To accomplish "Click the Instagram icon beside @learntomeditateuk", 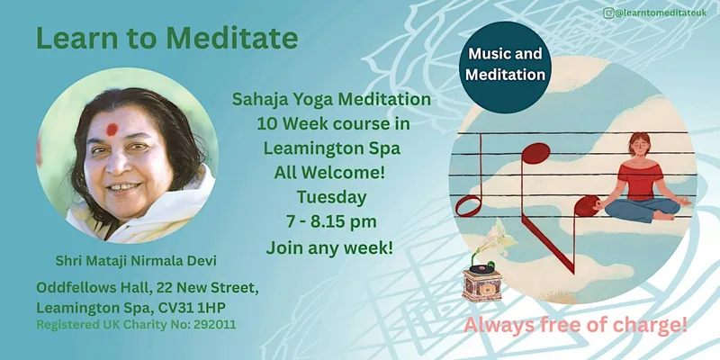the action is pyautogui.click(x=609, y=13).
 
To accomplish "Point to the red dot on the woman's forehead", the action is pyautogui.click(x=112, y=130).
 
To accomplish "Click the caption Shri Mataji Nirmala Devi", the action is pyautogui.click(x=136, y=261).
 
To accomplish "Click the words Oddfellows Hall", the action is pyautogui.click(x=94, y=288).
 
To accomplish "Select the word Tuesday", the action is pyautogui.click(x=331, y=197).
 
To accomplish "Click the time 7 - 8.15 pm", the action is pyautogui.click(x=331, y=221).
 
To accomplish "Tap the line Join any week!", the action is pyautogui.click(x=329, y=248).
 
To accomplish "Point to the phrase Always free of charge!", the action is pyautogui.click(x=575, y=326).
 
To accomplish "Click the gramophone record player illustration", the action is pyautogui.click(x=482, y=279).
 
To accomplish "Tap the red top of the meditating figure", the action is pyautogui.click(x=641, y=181).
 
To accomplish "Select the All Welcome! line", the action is pyautogui.click(x=329, y=173).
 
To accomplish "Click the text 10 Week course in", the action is pyautogui.click(x=333, y=124).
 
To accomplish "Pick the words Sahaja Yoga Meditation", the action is pyautogui.click(x=331, y=99).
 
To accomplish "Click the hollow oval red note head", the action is pyautogui.click(x=468, y=205).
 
